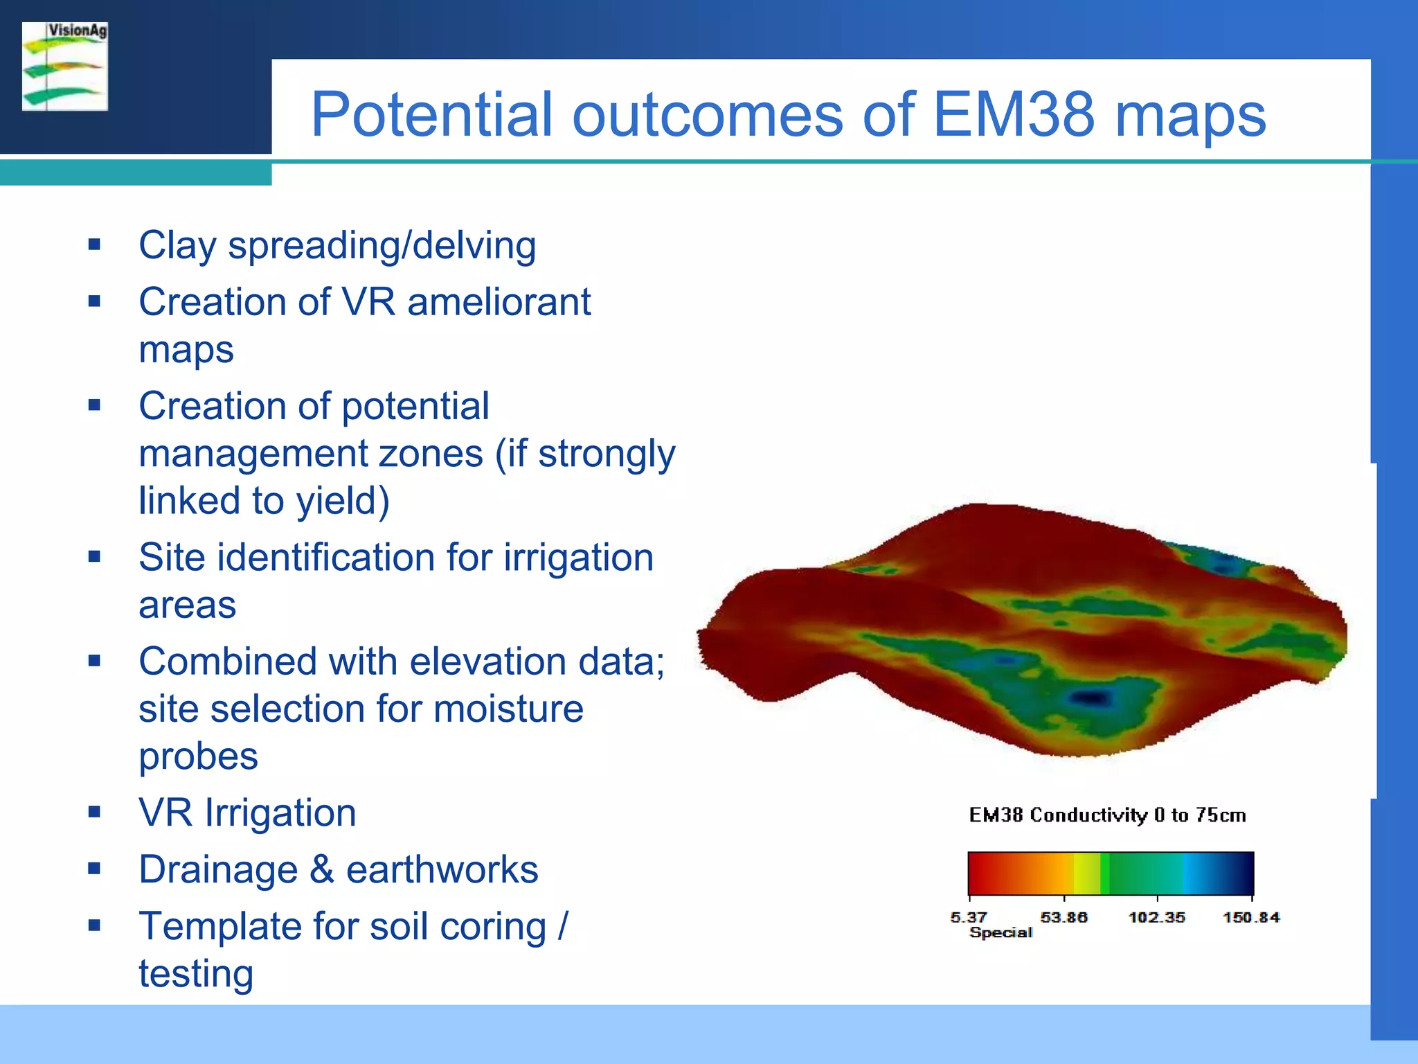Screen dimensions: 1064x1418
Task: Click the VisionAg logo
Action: point(65,66)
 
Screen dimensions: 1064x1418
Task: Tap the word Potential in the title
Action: point(431,114)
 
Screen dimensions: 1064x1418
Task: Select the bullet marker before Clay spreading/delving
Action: point(95,245)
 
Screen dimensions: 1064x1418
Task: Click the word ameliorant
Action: point(499,302)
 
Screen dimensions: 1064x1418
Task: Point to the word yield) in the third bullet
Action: point(343,501)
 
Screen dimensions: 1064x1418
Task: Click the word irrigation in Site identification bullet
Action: point(578,558)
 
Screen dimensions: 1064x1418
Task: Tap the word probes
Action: point(198,756)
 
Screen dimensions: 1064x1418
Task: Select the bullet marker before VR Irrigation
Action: point(95,812)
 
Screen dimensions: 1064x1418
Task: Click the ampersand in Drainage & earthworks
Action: point(321,869)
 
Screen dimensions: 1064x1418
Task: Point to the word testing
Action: point(196,973)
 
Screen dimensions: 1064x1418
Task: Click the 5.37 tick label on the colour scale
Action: point(968,917)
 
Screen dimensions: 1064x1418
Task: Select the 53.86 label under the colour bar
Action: point(1063,917)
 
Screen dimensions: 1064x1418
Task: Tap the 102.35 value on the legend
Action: point(1156,917)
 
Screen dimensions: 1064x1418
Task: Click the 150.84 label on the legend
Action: point(1250,917)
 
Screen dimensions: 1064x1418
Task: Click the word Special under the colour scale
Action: point(1000,932)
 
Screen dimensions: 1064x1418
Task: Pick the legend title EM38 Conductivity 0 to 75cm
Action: point(1107,815)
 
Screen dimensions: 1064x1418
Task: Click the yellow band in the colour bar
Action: point(1086,873)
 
